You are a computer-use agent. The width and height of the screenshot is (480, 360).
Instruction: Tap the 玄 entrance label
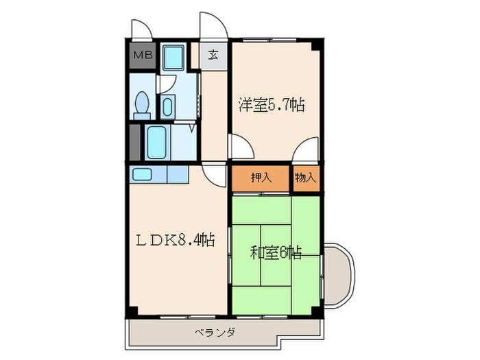213,56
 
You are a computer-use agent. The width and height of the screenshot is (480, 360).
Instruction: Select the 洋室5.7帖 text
272,105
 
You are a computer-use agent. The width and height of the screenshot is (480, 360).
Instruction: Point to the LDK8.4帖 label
174,240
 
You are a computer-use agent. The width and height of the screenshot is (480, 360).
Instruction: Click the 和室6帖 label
276,252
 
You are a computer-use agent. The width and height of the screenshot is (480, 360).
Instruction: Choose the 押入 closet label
261,178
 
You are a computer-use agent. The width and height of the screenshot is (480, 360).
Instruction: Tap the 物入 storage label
306,178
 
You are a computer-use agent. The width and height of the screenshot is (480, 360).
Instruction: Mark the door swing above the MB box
142,29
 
